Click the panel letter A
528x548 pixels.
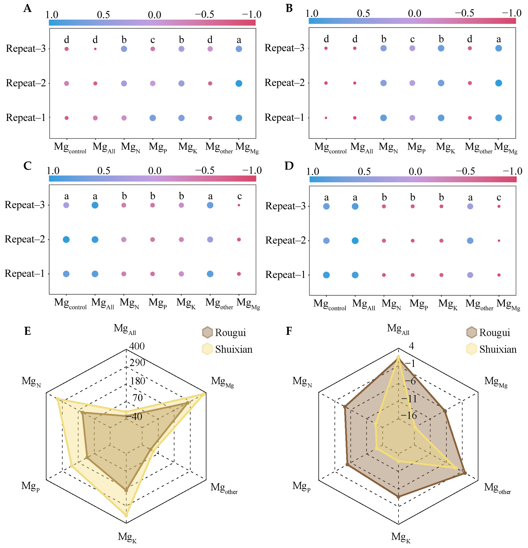(x=27, y=8)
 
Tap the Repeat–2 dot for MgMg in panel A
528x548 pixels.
(x=238, y=83)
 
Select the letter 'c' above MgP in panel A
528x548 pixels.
(x=153, y=40)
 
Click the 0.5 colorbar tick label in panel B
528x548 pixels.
(x=363, y=13)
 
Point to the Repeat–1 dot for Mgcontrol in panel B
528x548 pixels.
(x=326, y=118)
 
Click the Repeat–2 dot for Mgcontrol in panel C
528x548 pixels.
(x=66, y=239)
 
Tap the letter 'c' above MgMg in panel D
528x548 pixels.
(x=499, y=197)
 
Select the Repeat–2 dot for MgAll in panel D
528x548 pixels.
(x=355, y=240)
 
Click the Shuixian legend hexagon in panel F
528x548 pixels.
(x=472, y=349)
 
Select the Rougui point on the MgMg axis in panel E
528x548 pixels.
(x=187, y=403)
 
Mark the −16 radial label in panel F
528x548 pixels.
(x=409, y=415)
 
